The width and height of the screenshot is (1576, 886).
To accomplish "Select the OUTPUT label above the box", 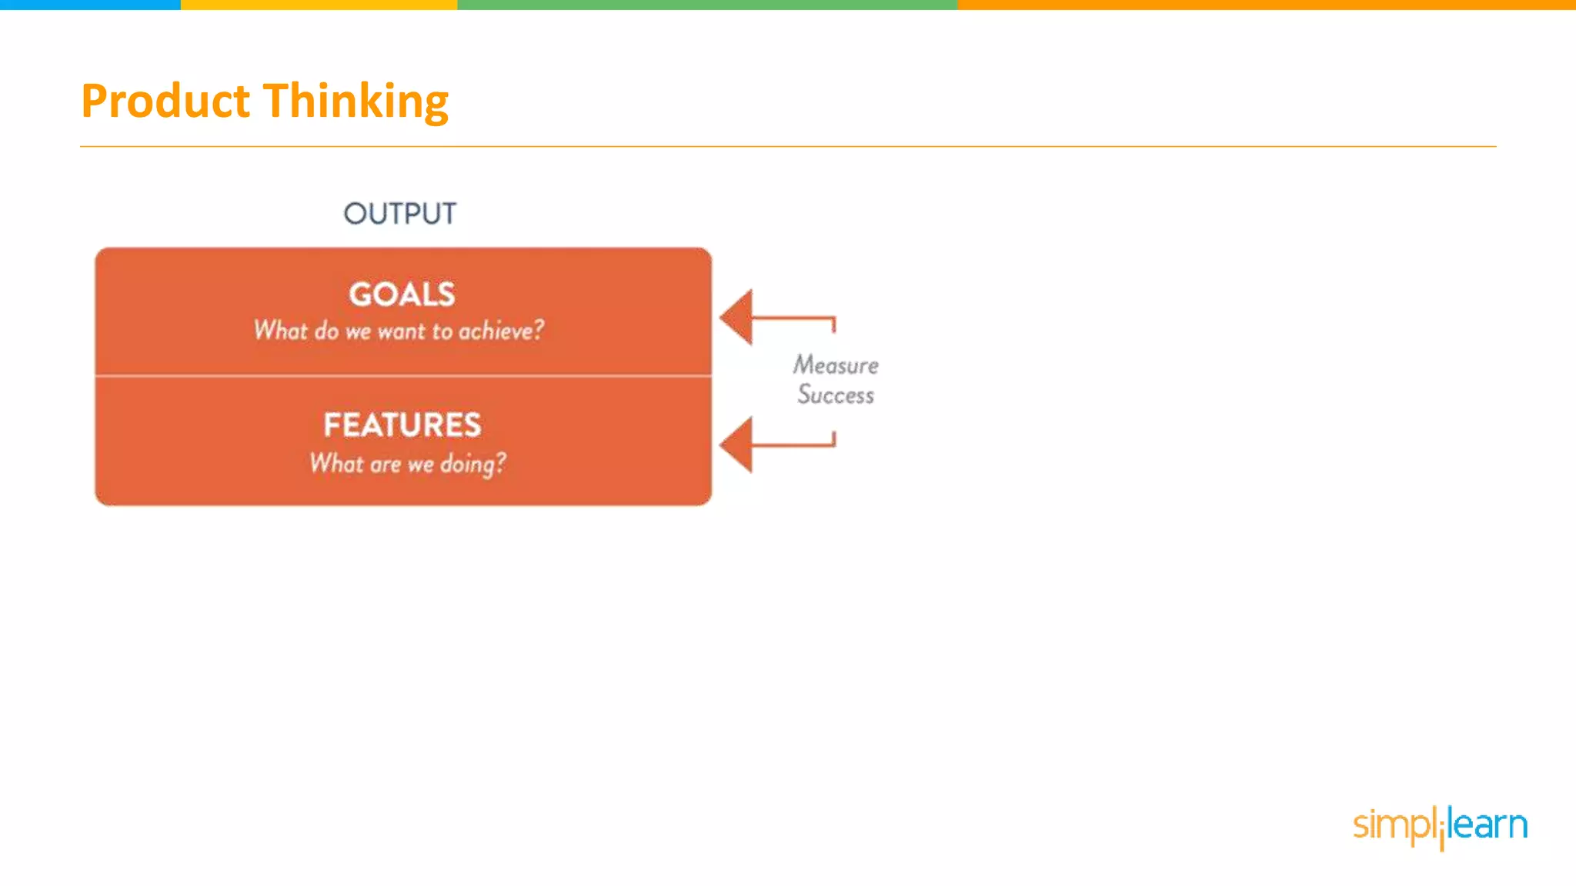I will tap(399, 213).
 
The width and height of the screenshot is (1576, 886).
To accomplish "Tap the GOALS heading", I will tap(402, 294).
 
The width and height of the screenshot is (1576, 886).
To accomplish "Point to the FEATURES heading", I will tap(402, 425).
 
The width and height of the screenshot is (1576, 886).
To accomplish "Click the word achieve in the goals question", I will tap(501, 331).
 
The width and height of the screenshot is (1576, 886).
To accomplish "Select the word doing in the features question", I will tap(472, 464).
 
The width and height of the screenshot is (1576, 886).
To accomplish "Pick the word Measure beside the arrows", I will tap(836, 365).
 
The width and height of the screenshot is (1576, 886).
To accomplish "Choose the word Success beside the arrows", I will tap(836, 395).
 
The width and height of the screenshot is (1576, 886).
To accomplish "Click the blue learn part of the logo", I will tap(1488, 824).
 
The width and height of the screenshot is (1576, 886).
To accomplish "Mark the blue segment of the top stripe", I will tap(90, 5).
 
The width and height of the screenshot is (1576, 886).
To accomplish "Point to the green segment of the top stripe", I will tap(707, 5).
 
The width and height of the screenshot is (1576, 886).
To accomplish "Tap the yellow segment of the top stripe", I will tap(319, 5).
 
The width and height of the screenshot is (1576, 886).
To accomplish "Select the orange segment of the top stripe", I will tap(1267, 5).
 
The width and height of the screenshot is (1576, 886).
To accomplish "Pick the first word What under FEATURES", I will tap(336, 463).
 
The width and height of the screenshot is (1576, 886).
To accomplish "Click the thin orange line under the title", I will tap(788, 146).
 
